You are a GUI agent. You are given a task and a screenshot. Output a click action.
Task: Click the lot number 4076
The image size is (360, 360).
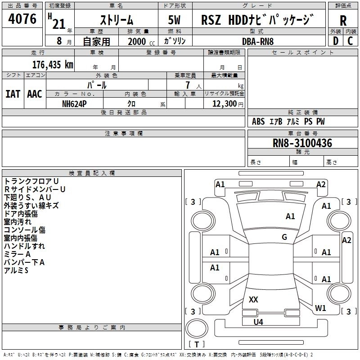pyautogui.click(x=22, y=20)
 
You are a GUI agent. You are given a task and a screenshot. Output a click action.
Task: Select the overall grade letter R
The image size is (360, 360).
pyautogui.click(x=343, y=21)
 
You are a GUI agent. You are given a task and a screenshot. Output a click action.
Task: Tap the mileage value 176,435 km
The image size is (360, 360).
pyautogui.click(x=53, y=64)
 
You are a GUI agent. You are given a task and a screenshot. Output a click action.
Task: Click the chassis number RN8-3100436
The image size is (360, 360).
pyautogui.click(x=302, y=144)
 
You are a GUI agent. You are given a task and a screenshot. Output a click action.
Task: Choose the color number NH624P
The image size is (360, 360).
pyautogui.click(x=74, y=103)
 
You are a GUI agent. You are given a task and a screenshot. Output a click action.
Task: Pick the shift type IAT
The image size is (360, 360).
pyautogui.click(x=12, y=94)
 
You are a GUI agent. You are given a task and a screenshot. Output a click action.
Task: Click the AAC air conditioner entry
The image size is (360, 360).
pyautogui.click(x=34, y=94)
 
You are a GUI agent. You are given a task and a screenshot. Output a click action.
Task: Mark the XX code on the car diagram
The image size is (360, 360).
pyautogui.click(x=253, y=299)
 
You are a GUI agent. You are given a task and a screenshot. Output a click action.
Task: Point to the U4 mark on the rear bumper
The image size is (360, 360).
pyautogui.click(x=258, y=322)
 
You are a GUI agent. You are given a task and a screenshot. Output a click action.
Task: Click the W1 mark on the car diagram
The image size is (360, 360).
pyautogui.click(x=320, y=308)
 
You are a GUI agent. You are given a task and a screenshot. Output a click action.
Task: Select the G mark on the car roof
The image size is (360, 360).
pyautogui.click(x=284, y=237)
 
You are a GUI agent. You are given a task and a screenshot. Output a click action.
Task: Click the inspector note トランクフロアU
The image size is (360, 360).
pyautogui.click(x=31, y=181)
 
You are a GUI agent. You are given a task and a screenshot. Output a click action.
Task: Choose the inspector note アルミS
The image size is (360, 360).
pyautogui.click(x=16, y=270)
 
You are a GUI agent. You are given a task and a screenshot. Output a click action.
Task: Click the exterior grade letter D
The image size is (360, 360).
pyautogui.click(x=335, y=41)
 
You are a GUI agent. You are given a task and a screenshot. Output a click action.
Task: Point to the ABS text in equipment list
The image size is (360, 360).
pyautogui.click(x=258, y=121)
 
